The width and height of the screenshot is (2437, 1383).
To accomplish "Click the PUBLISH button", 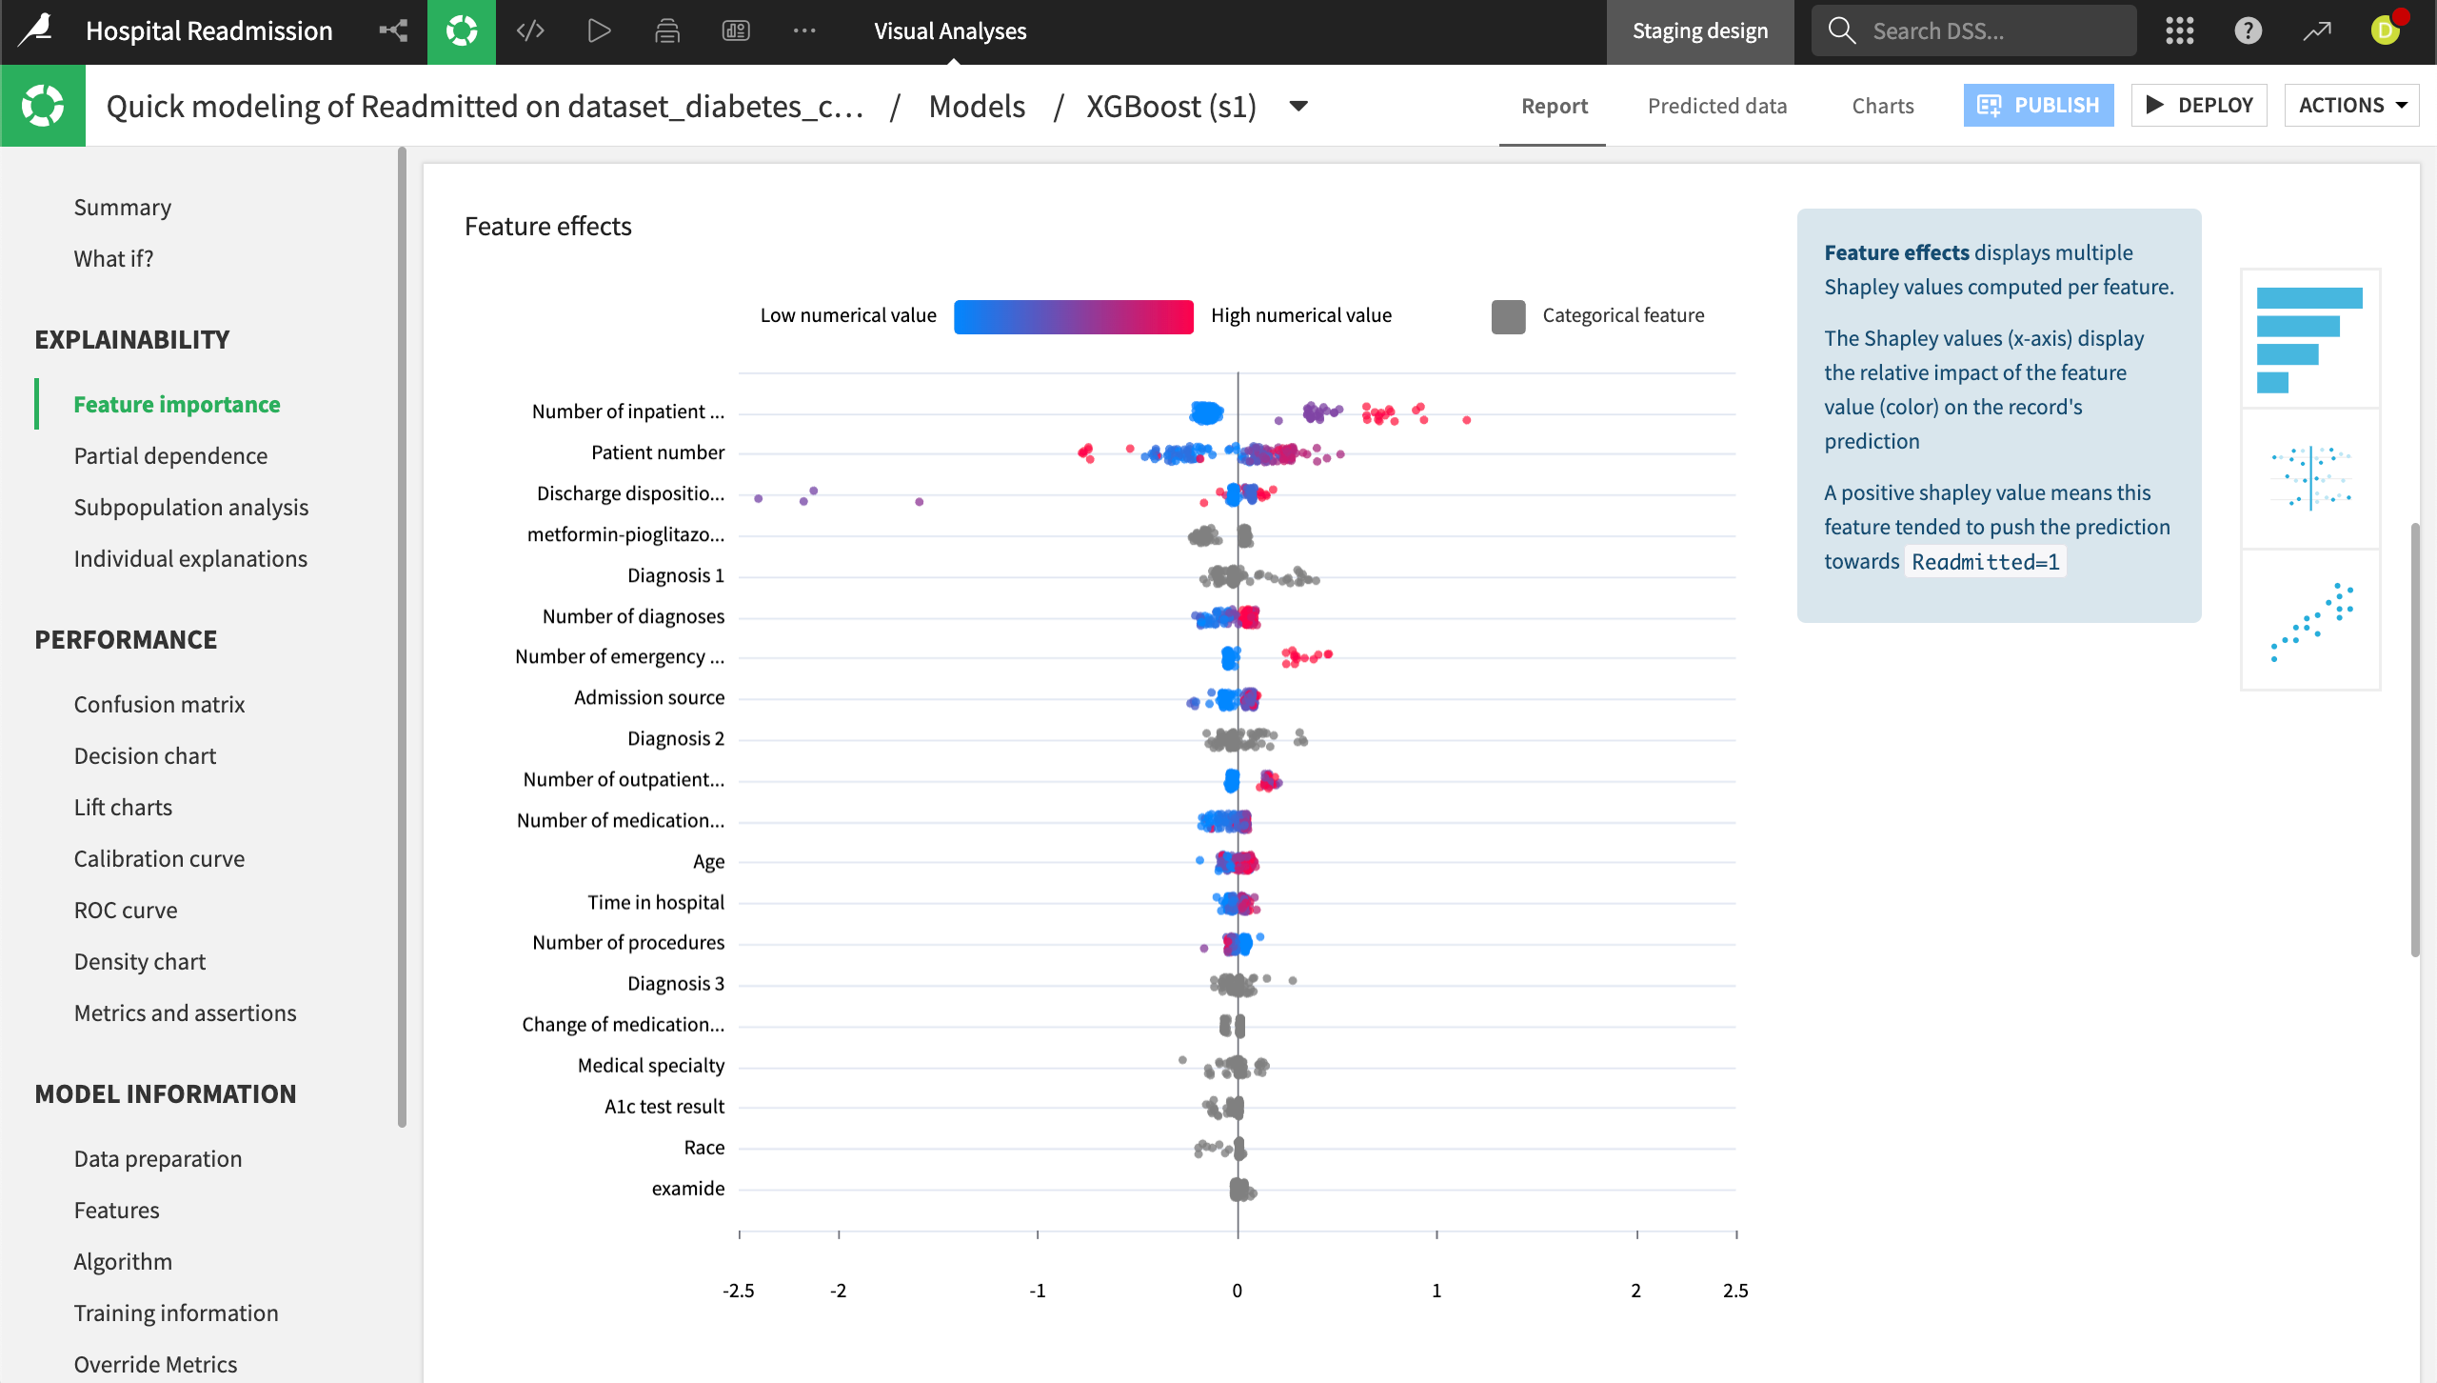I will coord(2037,105).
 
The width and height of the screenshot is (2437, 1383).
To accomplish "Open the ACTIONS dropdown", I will coord(2351,105).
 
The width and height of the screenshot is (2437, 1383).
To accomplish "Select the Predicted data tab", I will coord(1716,106).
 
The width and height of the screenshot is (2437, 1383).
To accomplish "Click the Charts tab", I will coord(1882,106).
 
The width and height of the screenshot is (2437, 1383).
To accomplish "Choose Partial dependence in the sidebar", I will coord(170,455).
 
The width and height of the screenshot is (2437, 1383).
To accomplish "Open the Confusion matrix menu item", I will coord(159,704).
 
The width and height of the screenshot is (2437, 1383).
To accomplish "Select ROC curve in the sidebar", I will coord(126,910).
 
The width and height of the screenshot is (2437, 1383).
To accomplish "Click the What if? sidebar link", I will coord(113,258).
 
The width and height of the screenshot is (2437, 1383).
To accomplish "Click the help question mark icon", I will coord(2248,30).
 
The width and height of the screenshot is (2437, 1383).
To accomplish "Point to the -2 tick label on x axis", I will coord(838,1291).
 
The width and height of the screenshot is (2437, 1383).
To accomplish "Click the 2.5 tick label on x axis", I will coord(1734,1291).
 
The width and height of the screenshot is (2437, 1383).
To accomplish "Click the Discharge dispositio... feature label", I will coord(630,493).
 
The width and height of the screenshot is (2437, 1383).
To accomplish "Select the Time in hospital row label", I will coord(655,902).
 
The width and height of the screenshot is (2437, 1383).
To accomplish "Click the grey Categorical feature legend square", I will coord(1508,316).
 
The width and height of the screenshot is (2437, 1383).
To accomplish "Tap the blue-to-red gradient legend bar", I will coord(1073,316).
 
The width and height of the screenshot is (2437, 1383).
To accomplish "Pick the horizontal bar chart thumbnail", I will coord(2309,339).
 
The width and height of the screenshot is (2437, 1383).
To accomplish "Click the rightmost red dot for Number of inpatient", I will coord(1466,420).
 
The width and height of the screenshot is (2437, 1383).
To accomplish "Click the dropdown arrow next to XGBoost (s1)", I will coord(1298,106).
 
